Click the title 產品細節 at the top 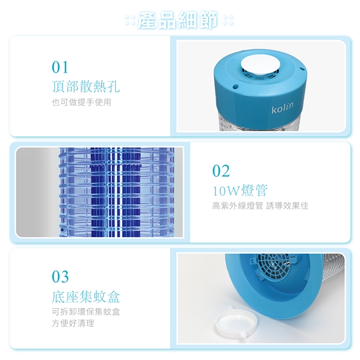177,20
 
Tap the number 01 60,67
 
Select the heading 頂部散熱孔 86,87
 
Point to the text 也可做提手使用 81,102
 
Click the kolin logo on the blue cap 282,108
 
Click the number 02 221,171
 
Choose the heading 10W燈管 240,191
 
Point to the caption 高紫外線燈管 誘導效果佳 260,205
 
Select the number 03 60,277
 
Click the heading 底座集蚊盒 86,296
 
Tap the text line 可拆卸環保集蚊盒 86,312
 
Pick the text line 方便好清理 73,323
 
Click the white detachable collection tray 236,321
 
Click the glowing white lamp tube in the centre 119,192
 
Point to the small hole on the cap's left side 235,86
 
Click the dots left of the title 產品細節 130,20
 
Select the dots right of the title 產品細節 228,20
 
